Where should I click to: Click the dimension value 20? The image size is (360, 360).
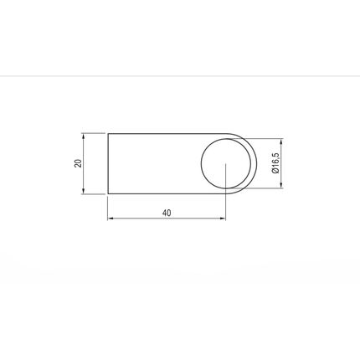79,163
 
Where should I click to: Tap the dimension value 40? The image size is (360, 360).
167,213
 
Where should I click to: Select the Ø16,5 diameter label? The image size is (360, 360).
275,163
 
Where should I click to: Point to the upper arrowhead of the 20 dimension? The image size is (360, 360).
83,137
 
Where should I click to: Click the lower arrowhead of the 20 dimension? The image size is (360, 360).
83,190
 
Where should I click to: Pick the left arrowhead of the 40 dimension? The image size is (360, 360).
111,219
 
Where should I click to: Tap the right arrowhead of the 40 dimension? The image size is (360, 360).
222,219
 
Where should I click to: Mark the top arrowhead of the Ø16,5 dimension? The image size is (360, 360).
281,141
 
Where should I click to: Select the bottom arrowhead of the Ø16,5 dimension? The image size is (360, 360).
281,185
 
